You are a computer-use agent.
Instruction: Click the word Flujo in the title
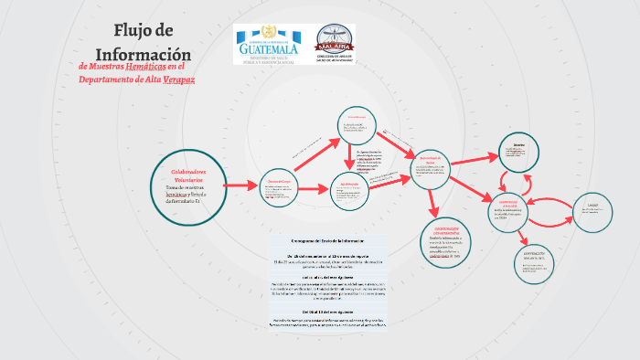(x=128, y=30)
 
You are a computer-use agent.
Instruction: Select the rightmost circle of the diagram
(x=592, y=210)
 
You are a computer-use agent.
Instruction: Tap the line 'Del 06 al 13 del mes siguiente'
(x=327, y=312)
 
